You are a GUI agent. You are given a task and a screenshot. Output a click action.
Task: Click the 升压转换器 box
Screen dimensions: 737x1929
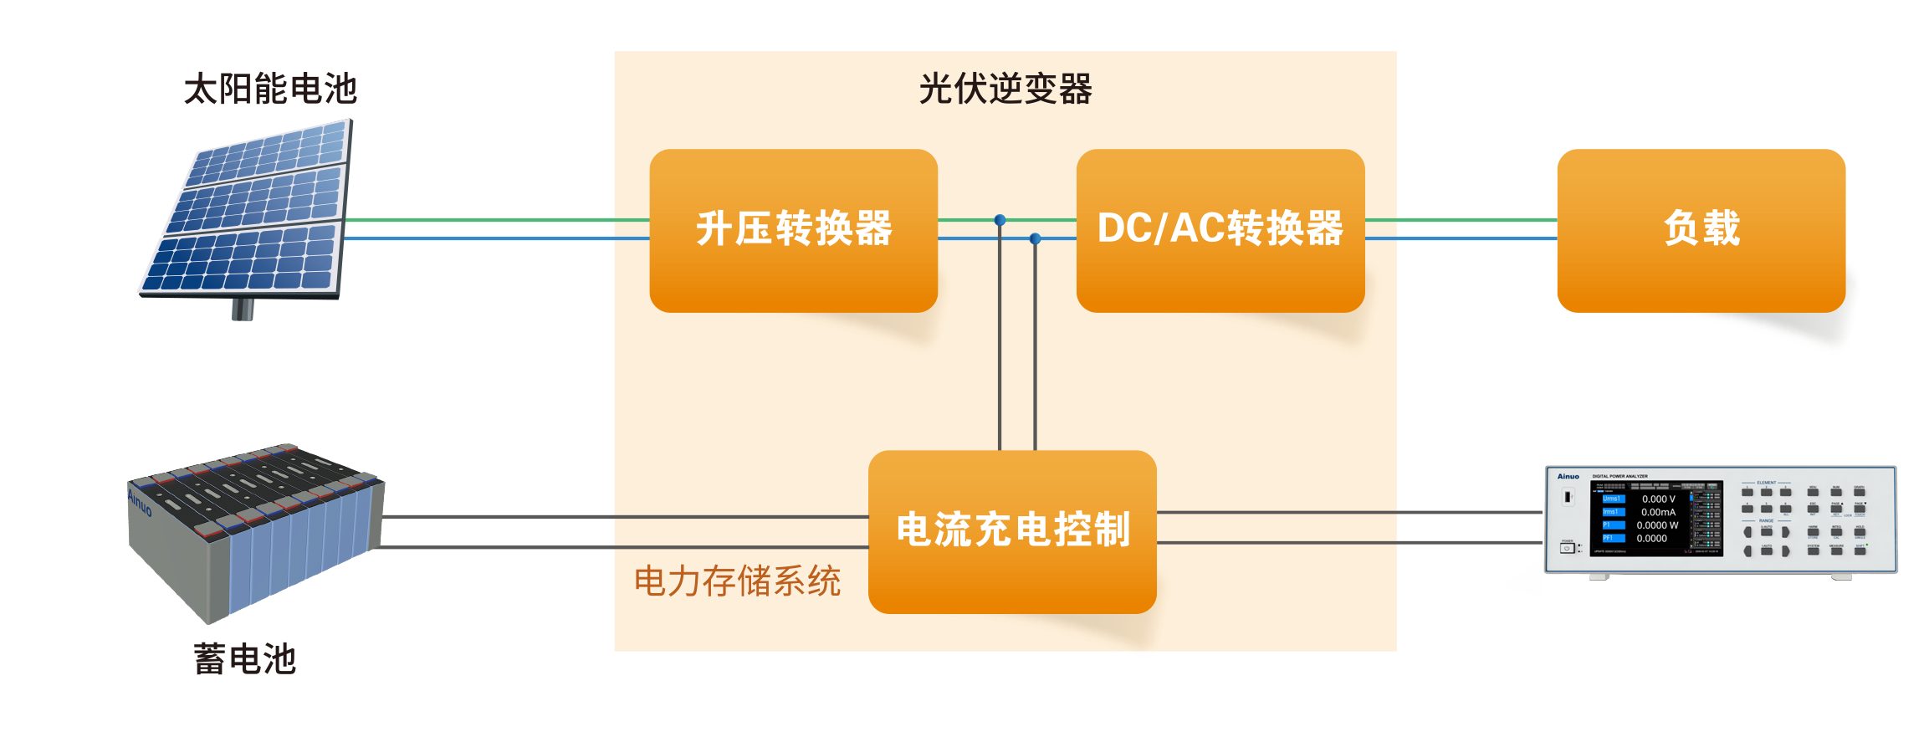tap(793, 230)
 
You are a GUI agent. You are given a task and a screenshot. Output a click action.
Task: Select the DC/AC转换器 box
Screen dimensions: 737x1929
tap(1220, 230)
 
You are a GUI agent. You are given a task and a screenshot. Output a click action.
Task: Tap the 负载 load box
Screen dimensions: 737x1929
tap(1701, 230)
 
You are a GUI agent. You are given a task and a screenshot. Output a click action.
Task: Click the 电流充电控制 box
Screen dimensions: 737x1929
tap(1012, 531)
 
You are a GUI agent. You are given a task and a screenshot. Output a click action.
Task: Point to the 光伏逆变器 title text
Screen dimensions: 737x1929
tap(1005, 89)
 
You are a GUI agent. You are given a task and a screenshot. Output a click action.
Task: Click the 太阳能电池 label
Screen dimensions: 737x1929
tap(270, 89)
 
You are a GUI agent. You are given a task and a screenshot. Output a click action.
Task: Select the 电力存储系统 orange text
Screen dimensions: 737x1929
tap(737, 581)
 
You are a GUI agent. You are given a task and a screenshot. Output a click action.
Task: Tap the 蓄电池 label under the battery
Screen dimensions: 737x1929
tap(244, 658)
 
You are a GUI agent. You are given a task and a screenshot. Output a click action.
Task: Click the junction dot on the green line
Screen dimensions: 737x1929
tap(1000, 221)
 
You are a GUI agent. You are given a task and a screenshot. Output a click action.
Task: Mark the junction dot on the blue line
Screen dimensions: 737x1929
tap(1035, 239)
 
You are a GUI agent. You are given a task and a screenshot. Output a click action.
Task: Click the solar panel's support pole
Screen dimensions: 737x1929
tap(243, 310)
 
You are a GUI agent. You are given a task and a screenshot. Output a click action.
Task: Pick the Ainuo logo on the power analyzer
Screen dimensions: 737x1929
tap(1568, 477)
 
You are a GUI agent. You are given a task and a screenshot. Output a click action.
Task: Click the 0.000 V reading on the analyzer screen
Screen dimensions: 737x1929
tap(1658, 499)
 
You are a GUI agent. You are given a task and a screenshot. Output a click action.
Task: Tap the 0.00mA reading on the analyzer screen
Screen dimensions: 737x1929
tap(1658, 512)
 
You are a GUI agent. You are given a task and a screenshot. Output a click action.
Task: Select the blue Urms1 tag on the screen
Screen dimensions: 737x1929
tap(1612, 499)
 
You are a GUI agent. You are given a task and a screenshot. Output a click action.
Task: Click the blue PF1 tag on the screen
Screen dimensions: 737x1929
tap(1612, 538)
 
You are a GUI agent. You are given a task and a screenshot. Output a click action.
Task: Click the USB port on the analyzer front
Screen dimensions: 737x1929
tap(1568, 497)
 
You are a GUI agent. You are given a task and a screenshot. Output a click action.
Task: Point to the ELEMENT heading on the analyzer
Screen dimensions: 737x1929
tap(1766, 483)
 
